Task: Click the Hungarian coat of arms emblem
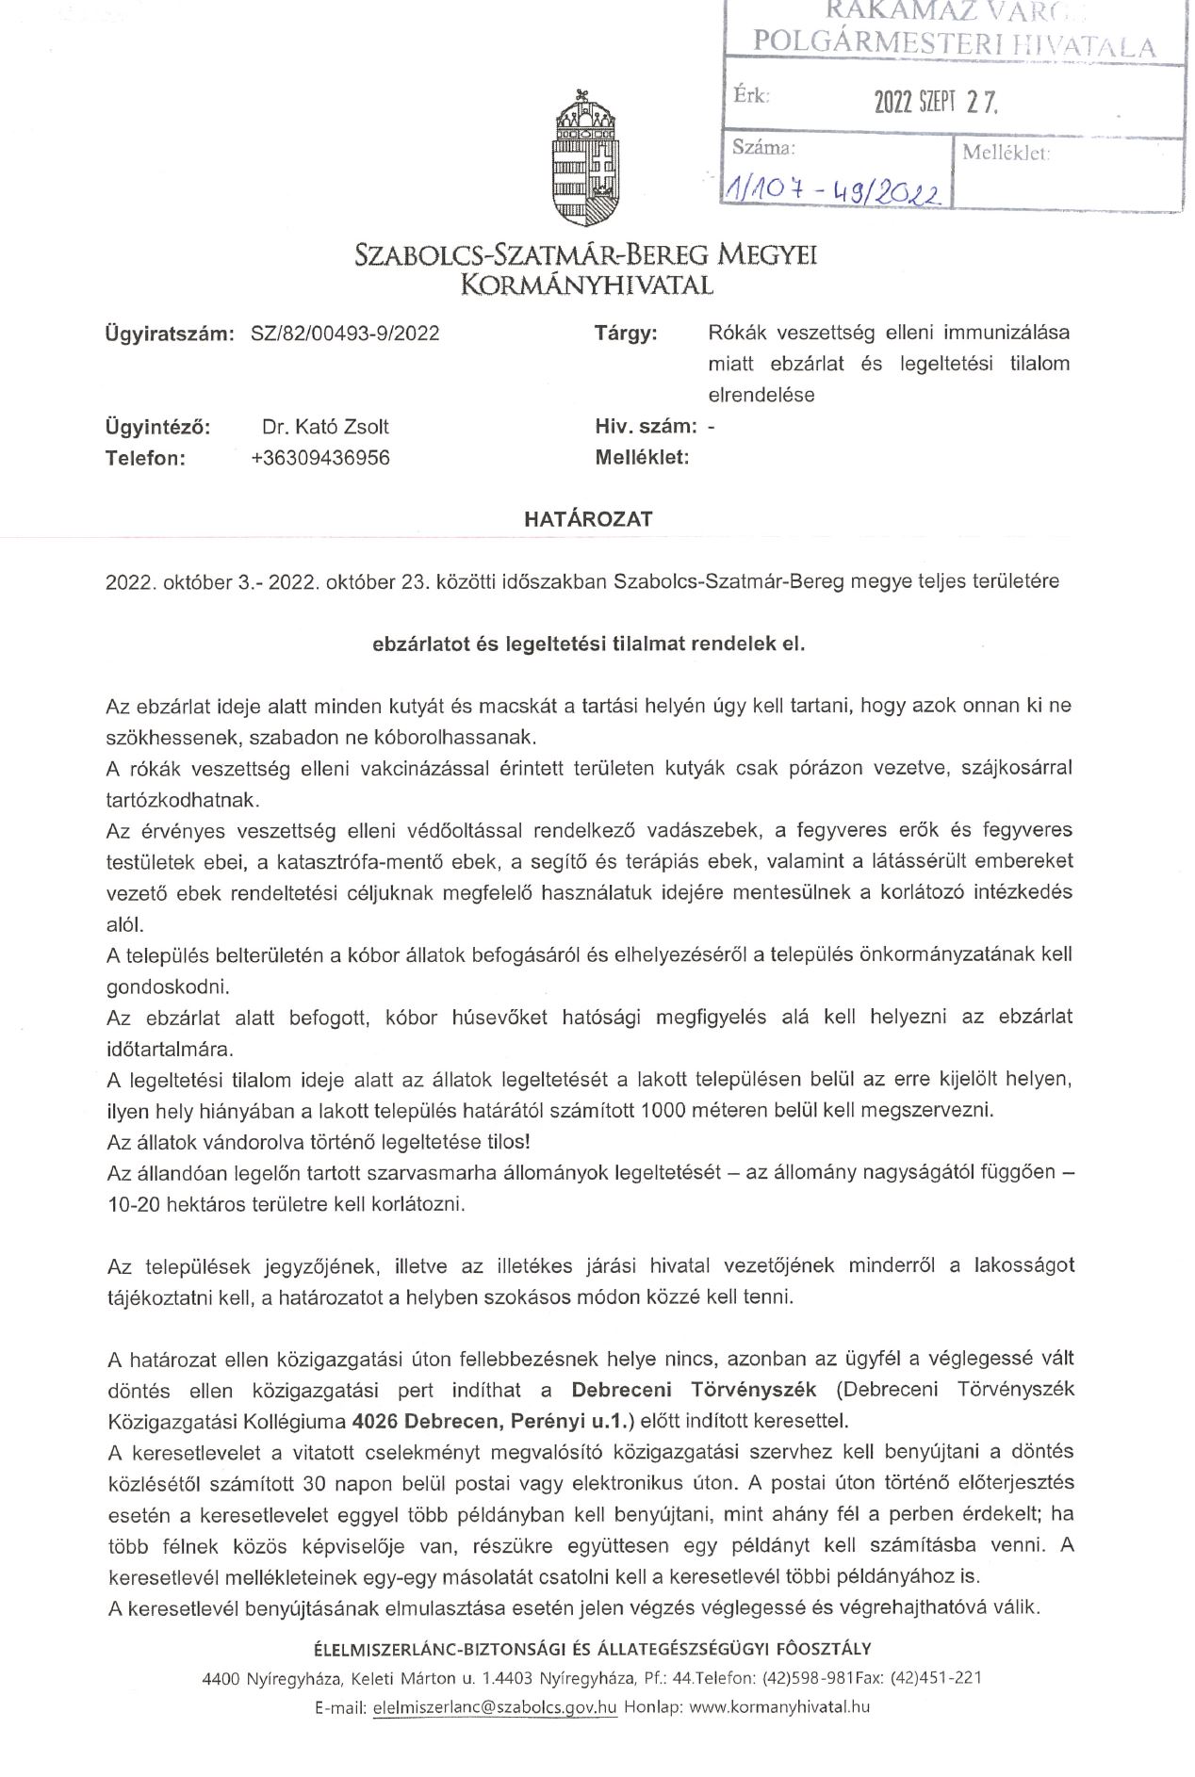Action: click(x=587, y=157)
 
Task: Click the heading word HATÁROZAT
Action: click(x=588, y=519)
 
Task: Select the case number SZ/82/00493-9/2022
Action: click(x=345, y=334)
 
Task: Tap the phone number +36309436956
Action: click(x=320, y=459)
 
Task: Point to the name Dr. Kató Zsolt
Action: click(x=325, y=427)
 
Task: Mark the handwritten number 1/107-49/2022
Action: click(x=832, y=192)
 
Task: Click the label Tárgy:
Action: click(x=626, y=334)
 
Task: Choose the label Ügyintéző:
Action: click(x=157, y=427)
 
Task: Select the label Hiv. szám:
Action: click(x=647, y=427)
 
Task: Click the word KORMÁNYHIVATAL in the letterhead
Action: click(x=586, y=284)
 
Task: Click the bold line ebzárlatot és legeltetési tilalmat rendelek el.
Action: click(x=589, y=644)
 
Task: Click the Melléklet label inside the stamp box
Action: click(x=1006, y=154)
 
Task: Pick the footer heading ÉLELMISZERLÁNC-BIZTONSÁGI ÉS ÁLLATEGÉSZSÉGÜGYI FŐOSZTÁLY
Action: click(x=592, y=1649)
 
